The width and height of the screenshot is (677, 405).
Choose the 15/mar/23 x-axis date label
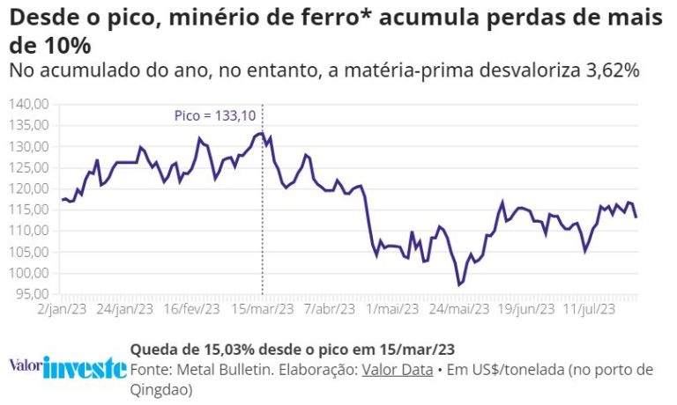point(263,309)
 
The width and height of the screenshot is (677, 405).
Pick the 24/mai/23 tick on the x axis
point(458,309)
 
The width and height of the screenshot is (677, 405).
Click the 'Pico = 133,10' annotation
point(214,115)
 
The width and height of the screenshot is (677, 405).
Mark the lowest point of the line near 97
point(459,284)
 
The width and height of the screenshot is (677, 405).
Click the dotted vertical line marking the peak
point(263,220)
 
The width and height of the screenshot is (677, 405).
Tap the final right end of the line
point(636,217)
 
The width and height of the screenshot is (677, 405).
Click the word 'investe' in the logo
point(85,367)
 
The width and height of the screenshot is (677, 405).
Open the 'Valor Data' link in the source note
point(395,369)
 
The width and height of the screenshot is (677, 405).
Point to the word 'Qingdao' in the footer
point(160,388)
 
